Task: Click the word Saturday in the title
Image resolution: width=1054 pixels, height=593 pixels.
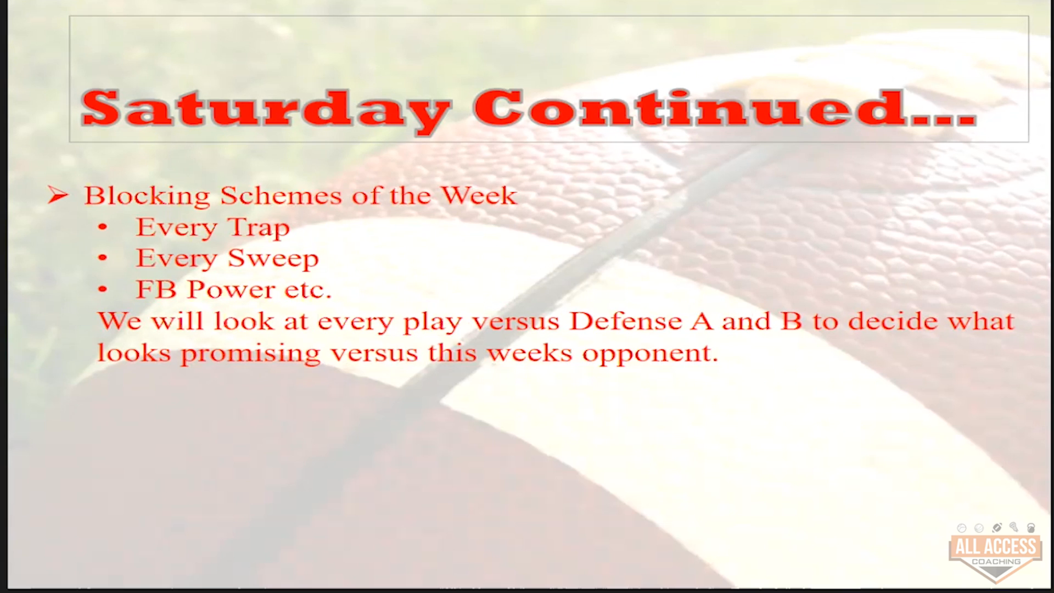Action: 265,110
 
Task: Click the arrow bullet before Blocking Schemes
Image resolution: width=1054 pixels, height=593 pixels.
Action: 58,195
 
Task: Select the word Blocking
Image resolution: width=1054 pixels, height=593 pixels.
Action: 147,197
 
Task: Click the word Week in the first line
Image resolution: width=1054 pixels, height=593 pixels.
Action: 479,195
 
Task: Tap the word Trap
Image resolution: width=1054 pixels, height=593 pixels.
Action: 258,228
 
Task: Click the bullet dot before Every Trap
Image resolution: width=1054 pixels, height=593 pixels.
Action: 103,227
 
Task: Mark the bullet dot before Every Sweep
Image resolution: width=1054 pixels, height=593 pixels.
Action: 103,259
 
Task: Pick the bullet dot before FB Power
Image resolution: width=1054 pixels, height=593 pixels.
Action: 103,290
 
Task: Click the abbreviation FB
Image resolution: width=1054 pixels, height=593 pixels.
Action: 156,290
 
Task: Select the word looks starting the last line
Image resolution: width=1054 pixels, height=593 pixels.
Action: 134,353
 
